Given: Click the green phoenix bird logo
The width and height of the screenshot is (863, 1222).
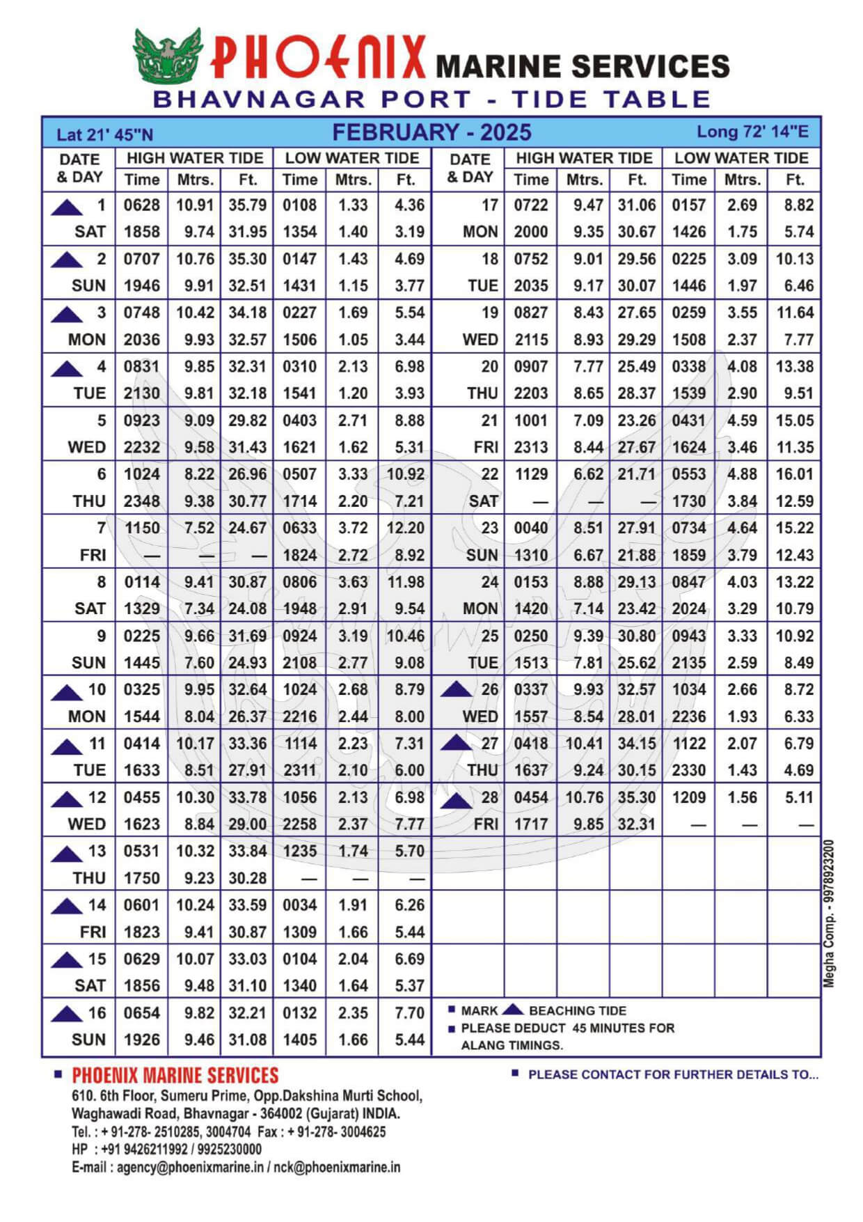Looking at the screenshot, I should point(167,56).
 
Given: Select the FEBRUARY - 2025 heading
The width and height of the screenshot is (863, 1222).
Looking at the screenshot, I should point(431,132).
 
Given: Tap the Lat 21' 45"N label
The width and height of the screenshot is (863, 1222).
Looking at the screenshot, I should point(104,135).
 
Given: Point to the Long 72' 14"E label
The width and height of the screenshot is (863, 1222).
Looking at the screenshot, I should point(752,132).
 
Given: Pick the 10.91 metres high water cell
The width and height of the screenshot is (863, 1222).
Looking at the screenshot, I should point(195,205).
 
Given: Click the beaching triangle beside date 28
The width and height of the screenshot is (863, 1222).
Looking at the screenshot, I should point(457,800).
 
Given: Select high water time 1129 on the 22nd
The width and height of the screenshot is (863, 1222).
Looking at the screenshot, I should point(531,475).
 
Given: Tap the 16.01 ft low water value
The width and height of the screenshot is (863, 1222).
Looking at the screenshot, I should point(794,475).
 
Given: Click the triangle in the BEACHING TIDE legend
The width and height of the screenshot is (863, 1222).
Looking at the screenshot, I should point(513,1010).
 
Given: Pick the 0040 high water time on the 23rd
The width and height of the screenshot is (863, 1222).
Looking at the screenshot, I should point(531,528).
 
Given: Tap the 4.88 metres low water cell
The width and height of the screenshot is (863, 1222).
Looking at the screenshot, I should point(742,475).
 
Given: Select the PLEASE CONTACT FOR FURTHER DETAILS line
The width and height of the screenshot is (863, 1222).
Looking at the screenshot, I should point(673,1074).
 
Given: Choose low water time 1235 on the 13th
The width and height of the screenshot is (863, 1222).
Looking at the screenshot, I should point(299,852).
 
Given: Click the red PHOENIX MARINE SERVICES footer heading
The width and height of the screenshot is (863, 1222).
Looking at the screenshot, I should point(175,1075).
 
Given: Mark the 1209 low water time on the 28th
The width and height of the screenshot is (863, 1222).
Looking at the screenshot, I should point(688,798).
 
